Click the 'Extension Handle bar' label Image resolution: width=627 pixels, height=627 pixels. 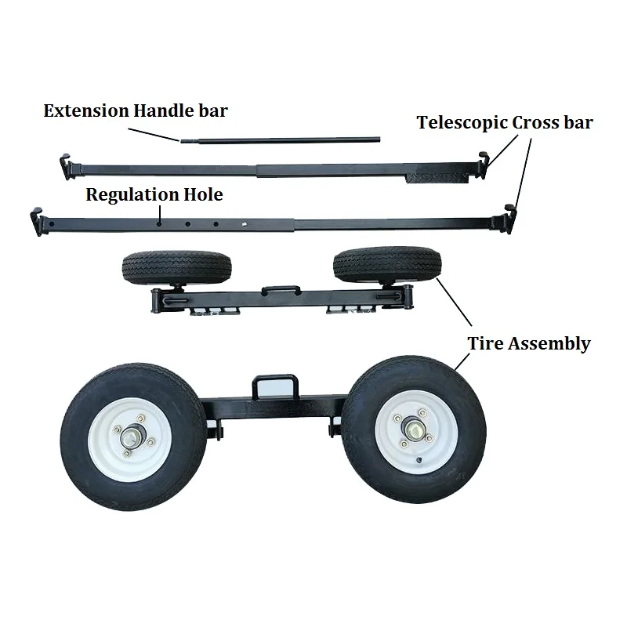pos(136,111)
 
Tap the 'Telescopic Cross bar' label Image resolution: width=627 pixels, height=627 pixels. pos(505,122)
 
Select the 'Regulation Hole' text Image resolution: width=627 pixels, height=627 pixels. pos(154,194)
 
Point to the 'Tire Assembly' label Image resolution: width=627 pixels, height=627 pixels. pos(529,343)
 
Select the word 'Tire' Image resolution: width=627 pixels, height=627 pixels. pos(485,343)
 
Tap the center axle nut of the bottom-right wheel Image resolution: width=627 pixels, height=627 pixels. pos(412,430)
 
